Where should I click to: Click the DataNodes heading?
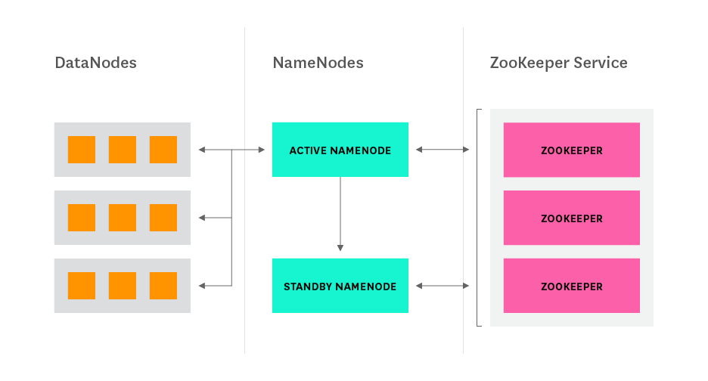click(x=95, y=63)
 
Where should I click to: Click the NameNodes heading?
click(x=318, y=63)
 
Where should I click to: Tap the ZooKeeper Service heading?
click(x=558, y=63)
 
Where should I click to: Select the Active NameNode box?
click(x=340, y=150)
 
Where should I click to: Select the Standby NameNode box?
click(x=340, y=286)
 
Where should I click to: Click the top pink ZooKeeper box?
click(x=571, y=150)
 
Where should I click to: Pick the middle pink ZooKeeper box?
click(x=571, y=218)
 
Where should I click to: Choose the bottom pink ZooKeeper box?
click(x=571, y=286)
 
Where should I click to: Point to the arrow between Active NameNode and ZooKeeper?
click(x=442, y=150)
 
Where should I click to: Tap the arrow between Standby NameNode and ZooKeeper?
click(x=442, y=286)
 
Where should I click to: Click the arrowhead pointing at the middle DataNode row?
click(x=202, y=218)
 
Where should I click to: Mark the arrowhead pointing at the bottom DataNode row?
click(x=202, y=286)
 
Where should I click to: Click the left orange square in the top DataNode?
click(x=82, y=150)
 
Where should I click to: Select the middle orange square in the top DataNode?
click(x=123, y=150)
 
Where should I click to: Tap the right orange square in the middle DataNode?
click(x=163, y=218)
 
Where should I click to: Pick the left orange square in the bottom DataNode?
click(x=82, y=286)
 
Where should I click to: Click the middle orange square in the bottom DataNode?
click(x=123, y=286)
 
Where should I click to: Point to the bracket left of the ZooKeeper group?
click(x=477, y=218)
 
